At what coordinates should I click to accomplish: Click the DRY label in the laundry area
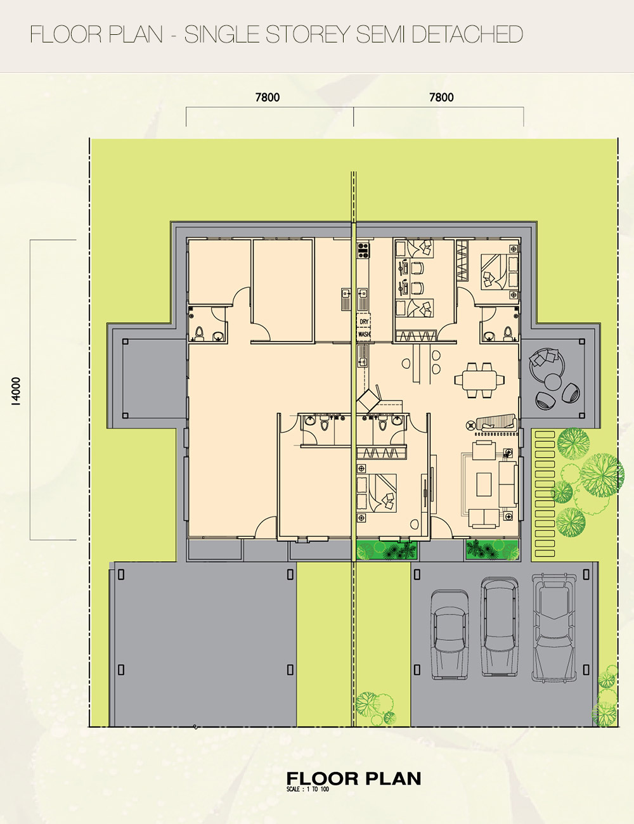click(364, 321)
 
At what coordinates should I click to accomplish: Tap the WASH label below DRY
click(364, 335)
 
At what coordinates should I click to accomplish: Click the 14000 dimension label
click(16, 391)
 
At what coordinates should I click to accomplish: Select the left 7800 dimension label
click(268, 98)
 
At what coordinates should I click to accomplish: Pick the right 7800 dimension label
click(441, 98)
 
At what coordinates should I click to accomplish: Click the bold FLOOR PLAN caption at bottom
click(354, 776)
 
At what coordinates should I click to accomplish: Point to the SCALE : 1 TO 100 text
click(307, 787)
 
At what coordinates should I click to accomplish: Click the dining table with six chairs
click(479, 379)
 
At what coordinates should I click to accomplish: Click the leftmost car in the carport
click(450, 634)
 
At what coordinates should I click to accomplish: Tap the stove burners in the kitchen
click(363, 250)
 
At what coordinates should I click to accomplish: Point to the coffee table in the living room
click(484, 484)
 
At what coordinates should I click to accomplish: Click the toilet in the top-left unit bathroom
click(200, 333)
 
